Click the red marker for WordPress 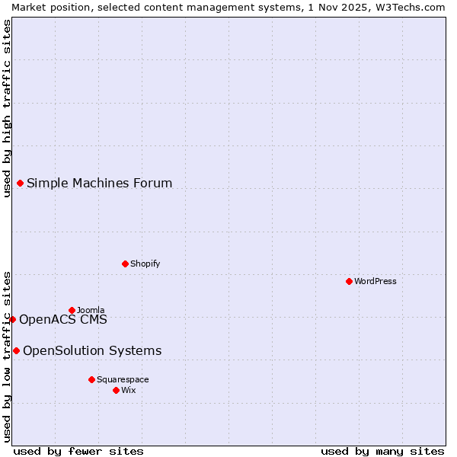349,281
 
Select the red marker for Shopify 125,264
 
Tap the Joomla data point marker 72,310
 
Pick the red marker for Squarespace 91,379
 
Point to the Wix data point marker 116,390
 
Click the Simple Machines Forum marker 20,183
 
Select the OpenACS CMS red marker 12,319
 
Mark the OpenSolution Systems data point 16,350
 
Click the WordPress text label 376,281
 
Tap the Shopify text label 145,264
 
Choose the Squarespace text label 123,379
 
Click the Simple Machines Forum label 99,183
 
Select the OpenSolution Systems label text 92,350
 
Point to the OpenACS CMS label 63,319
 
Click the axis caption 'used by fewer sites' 78,451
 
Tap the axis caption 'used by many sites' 382,451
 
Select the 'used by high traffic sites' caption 7,108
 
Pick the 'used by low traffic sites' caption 7,356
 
